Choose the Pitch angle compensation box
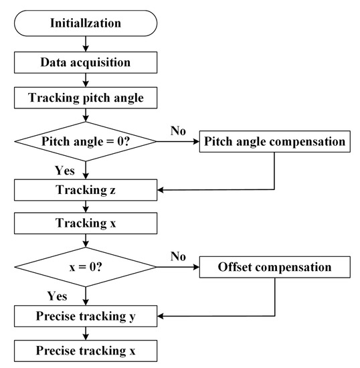point(274,142)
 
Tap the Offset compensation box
point(274,268)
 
